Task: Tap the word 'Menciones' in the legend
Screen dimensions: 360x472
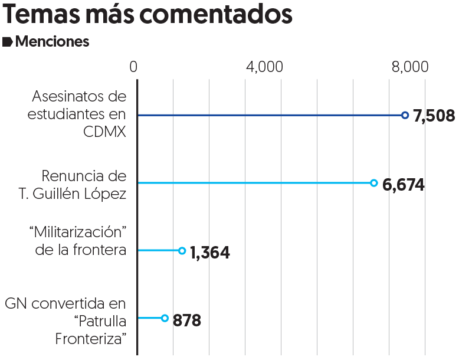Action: [53, 42]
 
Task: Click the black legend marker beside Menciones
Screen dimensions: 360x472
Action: [8, 42]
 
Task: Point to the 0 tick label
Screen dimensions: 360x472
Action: [134, 67]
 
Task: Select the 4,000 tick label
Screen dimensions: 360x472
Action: [264, 67]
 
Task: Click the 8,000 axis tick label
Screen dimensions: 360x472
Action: [409, 67]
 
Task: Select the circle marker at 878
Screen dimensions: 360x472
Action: [165, 318]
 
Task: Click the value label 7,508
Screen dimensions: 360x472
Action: [434, 116]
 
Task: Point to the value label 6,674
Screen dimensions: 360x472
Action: [404, 185]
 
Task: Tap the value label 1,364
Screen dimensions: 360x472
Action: [209, 253]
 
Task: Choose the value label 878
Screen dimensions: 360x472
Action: [187, 321]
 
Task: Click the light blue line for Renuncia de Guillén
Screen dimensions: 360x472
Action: [254, 183]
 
